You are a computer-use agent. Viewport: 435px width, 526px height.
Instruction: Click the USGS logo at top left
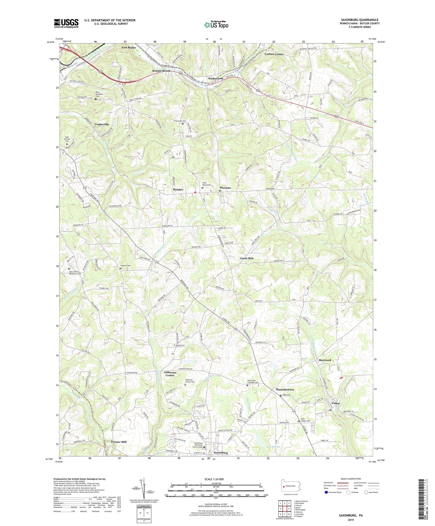tap(66, 23)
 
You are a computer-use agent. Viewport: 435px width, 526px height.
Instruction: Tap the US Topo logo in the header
tap(216, 25)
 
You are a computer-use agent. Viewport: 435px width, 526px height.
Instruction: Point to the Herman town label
tap(225, 188)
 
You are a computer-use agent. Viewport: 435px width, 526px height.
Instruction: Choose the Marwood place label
tap(325, 360)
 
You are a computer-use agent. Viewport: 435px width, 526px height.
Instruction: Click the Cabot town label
tap(336, 403)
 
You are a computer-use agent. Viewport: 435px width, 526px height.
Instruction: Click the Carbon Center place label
tap(274, 54)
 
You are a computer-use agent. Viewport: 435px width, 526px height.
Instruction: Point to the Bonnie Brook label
tap(162, 71)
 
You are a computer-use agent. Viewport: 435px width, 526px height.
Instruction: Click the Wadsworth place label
tap(215, 79)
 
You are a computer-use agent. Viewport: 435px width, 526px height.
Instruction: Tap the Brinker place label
tap(178, 189)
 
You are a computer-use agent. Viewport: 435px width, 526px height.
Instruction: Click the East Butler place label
tap(129, 48)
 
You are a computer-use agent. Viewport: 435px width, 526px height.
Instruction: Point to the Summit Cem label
tap(125, 265)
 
